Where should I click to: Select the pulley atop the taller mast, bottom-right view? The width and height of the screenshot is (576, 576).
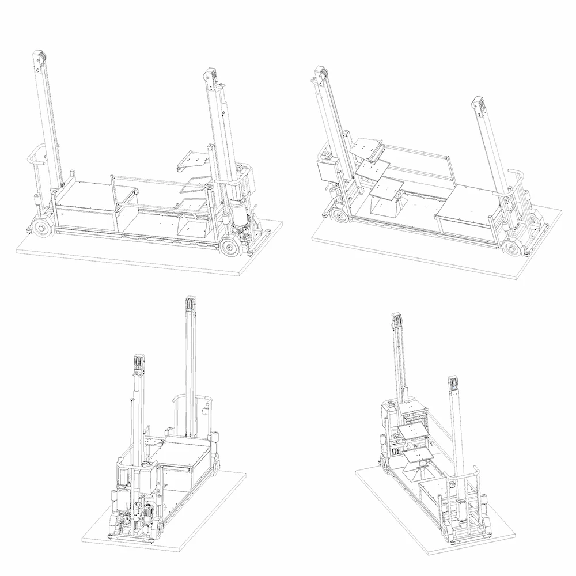coord(397,321)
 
